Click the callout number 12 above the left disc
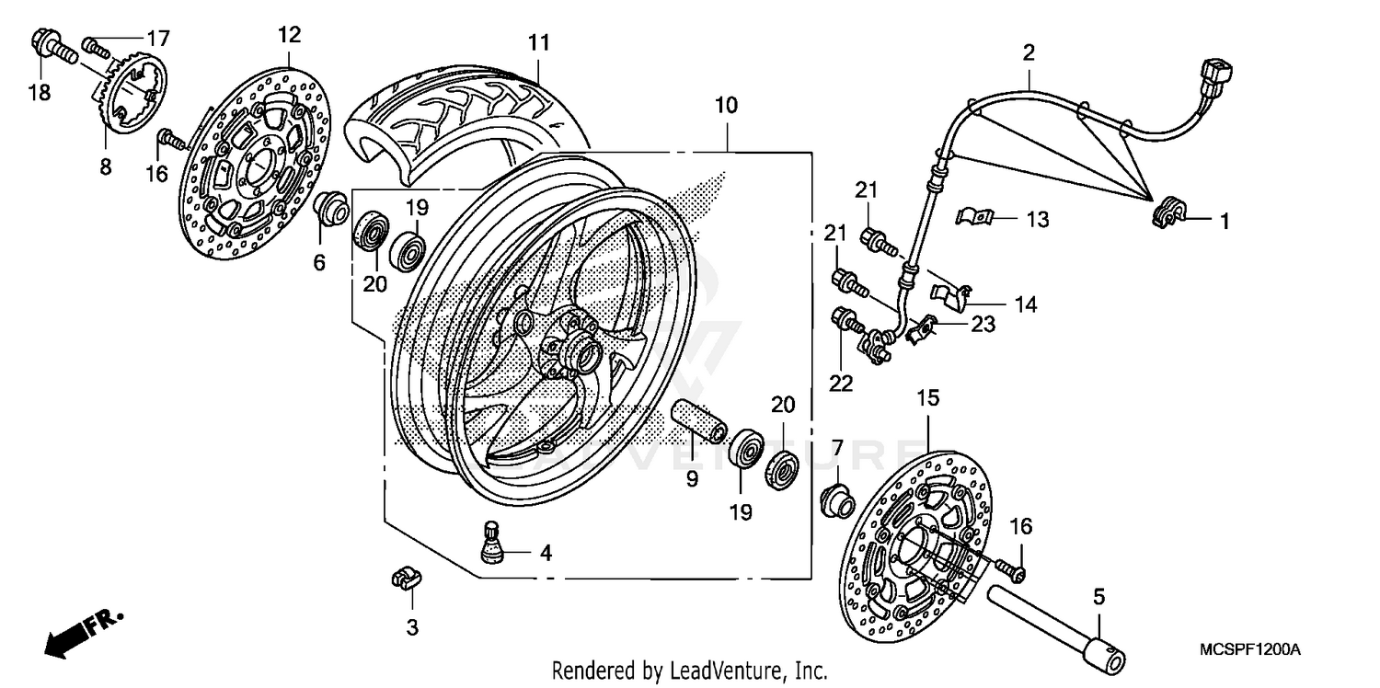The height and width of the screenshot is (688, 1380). pos(288,35)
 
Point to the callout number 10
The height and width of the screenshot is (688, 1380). pos(726,105)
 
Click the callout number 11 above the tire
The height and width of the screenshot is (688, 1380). pos(538,42)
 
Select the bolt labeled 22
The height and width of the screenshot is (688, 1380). pos(845,321)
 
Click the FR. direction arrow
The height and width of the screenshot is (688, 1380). pos(78,632)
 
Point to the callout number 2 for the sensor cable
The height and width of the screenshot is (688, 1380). pos(1029,52)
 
